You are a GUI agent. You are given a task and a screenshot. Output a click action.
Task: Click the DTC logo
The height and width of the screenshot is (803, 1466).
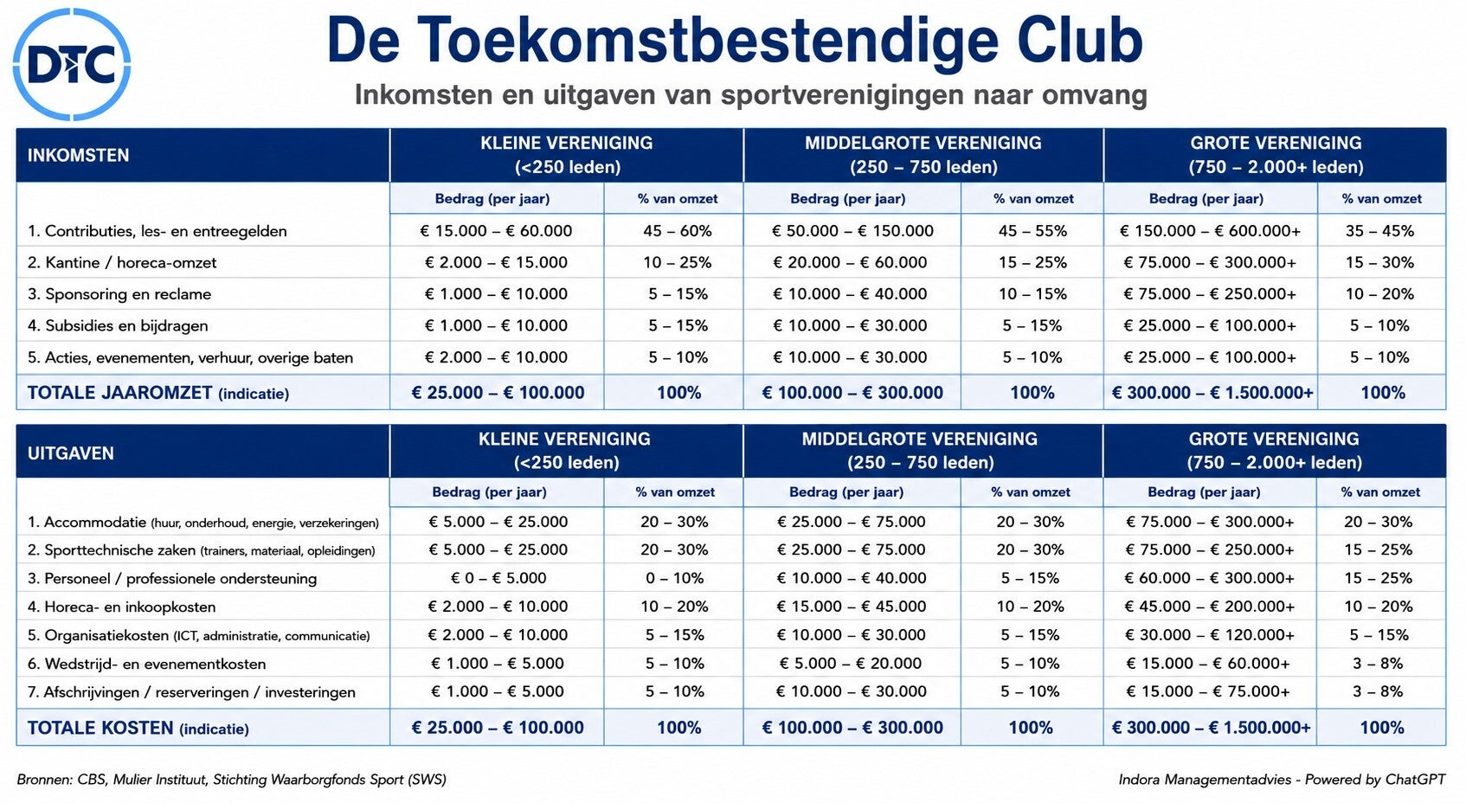tap(72, 64)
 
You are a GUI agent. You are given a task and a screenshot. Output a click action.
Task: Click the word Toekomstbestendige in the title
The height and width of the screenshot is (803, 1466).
tap(708, 40)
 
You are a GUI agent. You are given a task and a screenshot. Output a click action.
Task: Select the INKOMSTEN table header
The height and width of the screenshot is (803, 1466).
tap(79, 155)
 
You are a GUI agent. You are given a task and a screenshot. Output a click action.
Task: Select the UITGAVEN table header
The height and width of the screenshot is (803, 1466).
tap(71, 453)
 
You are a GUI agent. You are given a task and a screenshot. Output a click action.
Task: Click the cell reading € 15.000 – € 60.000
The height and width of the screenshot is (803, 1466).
tap(496, 231)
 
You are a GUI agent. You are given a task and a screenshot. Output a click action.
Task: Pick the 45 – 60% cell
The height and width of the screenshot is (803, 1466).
tap(678, 231)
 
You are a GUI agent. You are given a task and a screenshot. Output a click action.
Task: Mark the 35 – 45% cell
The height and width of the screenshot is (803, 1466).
tap(1379, 231)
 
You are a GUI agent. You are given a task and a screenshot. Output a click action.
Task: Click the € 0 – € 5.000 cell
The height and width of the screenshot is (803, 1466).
tap(498, 578)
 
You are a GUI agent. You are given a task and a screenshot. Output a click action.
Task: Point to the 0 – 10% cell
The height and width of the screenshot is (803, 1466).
tap(675, 578)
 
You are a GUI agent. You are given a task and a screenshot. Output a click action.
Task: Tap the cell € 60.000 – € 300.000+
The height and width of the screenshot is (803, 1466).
tap(1210, 578)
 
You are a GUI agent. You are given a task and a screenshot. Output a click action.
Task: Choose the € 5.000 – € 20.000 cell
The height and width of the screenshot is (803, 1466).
tap(851, 663)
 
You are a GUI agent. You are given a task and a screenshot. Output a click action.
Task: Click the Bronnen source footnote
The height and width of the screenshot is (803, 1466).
tap(232, 780)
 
